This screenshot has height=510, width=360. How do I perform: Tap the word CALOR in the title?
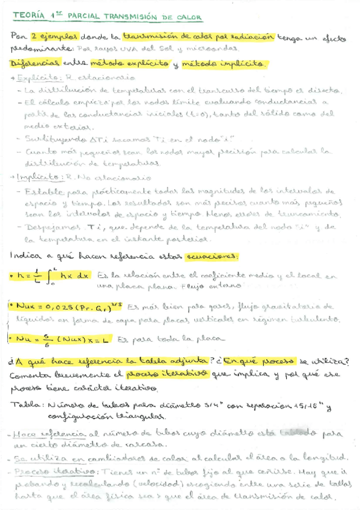pyautogui.click(x=188, y=17)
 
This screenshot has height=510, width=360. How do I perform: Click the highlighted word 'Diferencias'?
pyautogui.click(x=35, y=63)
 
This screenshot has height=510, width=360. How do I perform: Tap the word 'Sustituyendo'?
pyautogui.click(x=49, y=139)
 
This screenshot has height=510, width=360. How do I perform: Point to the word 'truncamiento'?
pyautogui.click(x=311, y=214)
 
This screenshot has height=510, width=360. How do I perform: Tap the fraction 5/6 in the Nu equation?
pyautogui.click(x=46, y=340)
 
